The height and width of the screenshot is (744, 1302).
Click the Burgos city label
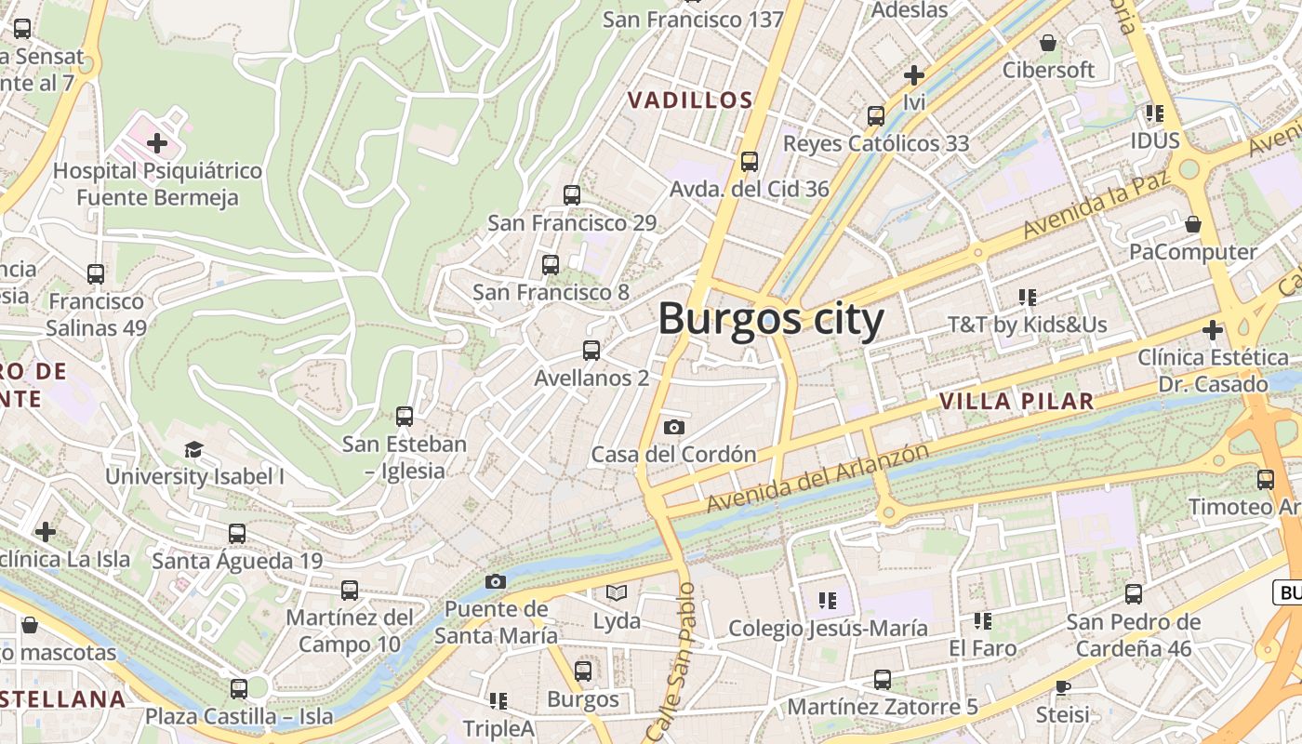tap(771, 320)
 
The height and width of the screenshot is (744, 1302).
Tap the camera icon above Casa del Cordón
tap(674, 427)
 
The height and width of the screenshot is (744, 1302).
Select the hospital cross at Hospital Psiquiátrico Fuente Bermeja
tap(157, 143)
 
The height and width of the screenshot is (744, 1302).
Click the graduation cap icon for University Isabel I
tap(193, 450)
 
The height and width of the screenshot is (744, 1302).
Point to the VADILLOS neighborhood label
tap(689, 100)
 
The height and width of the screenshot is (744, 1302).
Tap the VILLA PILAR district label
tap(1016, 402)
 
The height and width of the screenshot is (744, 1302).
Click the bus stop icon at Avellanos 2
tap(591, 351)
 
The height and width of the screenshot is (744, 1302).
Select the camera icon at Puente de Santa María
tap(496, 581)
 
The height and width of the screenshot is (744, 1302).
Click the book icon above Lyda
tap(617, 592)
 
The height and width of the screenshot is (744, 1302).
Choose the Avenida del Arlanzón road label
tap(817, 478)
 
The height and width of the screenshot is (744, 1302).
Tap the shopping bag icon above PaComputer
tap(1193, 224)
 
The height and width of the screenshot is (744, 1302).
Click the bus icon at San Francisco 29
tap(572, 195)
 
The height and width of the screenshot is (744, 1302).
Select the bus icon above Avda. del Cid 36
tap(750, 162)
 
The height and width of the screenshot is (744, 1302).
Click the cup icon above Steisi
tap(1063, 687)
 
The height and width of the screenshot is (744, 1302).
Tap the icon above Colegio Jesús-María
tap(828, 601)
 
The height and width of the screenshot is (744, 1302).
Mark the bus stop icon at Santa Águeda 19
tap(237, 534)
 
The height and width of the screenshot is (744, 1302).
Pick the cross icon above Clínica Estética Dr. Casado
tap(1212, 330)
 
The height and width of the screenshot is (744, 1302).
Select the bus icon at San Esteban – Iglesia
tap(405, 417)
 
